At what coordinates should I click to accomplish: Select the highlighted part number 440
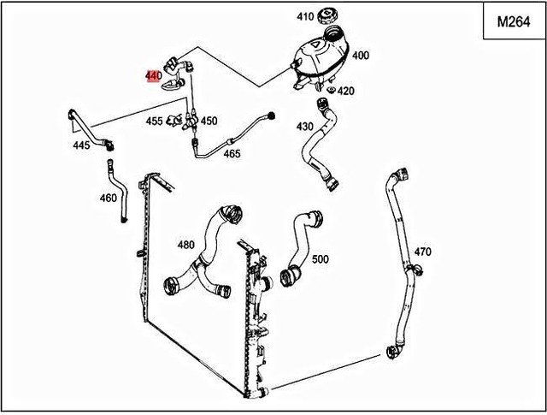(x=153, y=75)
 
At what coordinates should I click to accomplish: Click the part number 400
(x=361, y=55)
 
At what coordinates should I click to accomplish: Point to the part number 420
(x=345, y=91)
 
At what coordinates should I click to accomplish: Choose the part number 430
(x=305, y=126)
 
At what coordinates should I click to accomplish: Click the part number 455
(x=154, y=122)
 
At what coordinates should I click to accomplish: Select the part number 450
(x=209, y=122)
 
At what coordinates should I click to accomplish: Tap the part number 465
(x=232, y=154)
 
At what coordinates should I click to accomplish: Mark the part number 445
(x=81, y=145)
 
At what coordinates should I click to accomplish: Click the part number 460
(x=108, y=198)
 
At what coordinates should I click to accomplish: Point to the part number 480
(x=185, y=245)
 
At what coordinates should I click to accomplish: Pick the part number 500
(x=320, y=258)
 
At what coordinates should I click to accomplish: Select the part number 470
(x=422, y=252)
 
